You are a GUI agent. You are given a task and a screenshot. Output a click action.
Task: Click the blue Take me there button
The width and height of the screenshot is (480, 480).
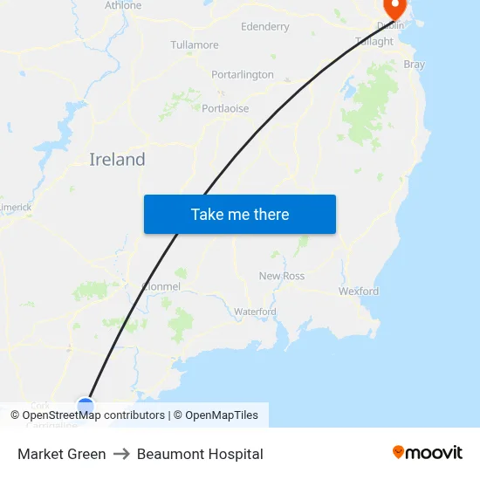pyautogui.click(x=240, y=215)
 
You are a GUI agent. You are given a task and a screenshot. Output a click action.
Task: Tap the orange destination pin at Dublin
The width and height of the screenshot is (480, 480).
pyautogui.click(x=394, y=8)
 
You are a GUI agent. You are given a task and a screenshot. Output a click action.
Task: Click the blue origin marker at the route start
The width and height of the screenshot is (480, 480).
pyautogui.click(x=86, y=405)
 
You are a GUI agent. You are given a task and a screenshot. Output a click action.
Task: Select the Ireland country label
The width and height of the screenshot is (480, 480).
pyautogui.click(x=117, y=160)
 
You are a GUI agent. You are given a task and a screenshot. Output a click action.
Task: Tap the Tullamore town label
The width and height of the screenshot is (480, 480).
pyautogui.click(x=195, y=45)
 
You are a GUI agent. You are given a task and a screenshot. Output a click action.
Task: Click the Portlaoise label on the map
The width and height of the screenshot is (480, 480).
pyautogui.click(x=225, y=109)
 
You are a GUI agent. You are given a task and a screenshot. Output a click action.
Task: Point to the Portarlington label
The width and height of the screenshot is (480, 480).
pyautogui.click(x=243, y=75)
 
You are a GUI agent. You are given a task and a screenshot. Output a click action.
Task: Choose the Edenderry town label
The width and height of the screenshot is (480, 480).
pyautogui.click(x=264, y=27)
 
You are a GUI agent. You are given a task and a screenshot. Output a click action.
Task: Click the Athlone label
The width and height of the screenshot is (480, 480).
pyautogui.click(x=123, y=5)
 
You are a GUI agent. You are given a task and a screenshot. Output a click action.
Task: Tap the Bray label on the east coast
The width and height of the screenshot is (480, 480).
pyautogui.click(x=414, y=65)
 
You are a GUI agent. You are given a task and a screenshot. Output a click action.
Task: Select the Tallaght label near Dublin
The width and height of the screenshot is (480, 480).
pyautogui.click(x=374, y=41)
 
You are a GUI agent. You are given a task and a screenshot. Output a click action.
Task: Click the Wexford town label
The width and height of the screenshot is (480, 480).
pyautogui.click(x=359, y=291)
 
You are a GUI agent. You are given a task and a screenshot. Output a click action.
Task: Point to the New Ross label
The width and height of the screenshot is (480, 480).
pyautogui.click(x=282, y=276)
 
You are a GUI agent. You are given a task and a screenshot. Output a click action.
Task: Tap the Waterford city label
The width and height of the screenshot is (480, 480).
pyautogui.click(x=255, y=312)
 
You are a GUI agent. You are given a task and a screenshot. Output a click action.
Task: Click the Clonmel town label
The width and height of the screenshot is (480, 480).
pyautogui.click(x=161, y=286)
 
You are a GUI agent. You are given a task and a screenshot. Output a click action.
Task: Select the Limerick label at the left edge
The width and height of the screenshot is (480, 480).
pyautogui.click(x=16, y=207)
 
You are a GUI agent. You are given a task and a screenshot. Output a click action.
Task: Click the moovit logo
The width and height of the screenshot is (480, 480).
pyautogui.click(x=428, y=453)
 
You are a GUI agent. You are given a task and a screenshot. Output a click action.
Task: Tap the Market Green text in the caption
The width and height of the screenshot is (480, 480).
pyautogui.click(x=62, y=454)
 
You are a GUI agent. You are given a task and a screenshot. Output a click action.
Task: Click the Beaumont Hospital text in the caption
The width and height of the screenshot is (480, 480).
pyautogui.click(x=200, y=454)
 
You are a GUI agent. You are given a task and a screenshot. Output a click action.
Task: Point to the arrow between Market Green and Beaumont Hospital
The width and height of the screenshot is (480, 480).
pyautogui.click(x=121, y=454)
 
